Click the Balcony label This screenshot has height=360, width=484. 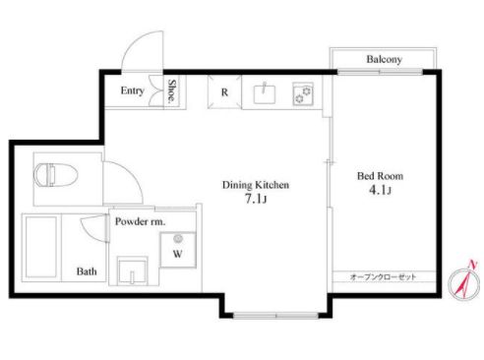(x=384, y=59)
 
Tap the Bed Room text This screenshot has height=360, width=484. (x=380, y=176)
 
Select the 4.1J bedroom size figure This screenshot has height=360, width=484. (x=380, y=190)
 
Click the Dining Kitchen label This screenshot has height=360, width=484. (x=256, y=185)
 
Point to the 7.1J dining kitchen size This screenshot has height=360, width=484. (x=256, y=199)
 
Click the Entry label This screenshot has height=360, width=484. (x=133, y=90)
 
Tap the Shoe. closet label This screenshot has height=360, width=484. (x=171, y=91)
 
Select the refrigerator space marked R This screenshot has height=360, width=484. (x=224, y=92)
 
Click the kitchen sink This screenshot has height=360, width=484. (x=265, y=93)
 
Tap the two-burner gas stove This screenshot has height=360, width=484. (x=303, y=93)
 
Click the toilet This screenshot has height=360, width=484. (x=56, y=175)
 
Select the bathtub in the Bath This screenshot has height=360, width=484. (x=41, y=247)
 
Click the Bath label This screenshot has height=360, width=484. (x=87, y=271)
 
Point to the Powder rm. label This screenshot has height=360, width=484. (x=140, y=222)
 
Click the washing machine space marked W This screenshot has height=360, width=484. (x=178, y=250)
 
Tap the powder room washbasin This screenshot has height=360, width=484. (x=133, y=270)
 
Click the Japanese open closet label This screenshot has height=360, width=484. (x=383, y=277)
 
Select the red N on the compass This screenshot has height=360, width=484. (x=472, y=265)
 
